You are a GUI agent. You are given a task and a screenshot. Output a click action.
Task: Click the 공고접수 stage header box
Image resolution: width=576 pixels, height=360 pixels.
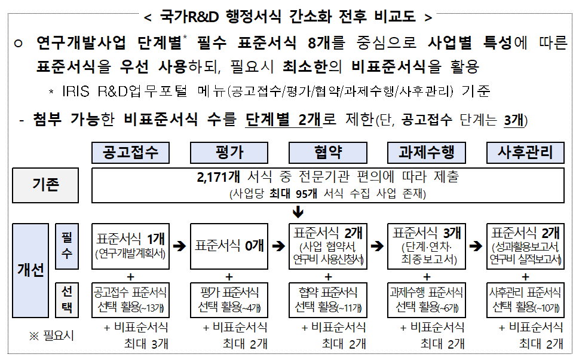pyautogui.click(x=130, y=152)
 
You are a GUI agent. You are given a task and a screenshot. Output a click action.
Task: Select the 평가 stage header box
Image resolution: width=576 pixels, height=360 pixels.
pyautogui.click(x=229, y=152)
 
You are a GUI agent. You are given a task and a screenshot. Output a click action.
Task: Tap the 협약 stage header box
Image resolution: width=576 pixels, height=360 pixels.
pyautogui.click(x=328, y=152)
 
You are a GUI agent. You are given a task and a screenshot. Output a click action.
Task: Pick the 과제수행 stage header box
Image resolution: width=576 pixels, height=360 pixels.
pyautogui.click(x=427, y=152)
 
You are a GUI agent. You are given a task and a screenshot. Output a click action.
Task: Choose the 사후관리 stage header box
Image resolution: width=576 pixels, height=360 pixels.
pyautogui.click(x=525, y=152)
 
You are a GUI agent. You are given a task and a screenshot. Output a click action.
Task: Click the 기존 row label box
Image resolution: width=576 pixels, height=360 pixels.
pyautogui.click(x=45, y=185)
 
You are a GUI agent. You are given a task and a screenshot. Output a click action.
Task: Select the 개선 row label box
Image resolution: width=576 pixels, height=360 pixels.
pyautogui.click(x=30, y=270)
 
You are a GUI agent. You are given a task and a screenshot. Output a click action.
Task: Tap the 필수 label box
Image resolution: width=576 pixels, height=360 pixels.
pyautogui.click(x=67, y=246)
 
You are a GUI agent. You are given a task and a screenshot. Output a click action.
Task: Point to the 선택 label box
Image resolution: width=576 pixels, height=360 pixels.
pyautogui.click(x=67, y=300)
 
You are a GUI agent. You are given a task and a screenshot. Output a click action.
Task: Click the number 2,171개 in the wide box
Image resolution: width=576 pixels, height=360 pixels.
pyautogui.click(x=218, y=177)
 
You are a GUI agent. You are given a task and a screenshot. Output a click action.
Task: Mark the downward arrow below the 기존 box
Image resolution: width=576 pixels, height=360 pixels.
pyautogui.click(x=298, y=212)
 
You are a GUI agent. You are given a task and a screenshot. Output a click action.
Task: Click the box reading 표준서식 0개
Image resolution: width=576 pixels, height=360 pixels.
pyautogui.click(x=229, y=246)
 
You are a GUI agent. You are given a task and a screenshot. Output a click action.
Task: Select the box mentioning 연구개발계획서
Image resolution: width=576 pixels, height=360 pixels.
pyautogui.click(x=130, y=246)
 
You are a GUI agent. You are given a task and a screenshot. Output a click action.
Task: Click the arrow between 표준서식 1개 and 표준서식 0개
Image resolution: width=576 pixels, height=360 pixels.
pyautogui.click(x=180, y=246)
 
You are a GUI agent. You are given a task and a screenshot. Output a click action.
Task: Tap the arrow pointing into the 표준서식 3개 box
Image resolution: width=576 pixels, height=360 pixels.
pyautogui.click(x=377, y=246)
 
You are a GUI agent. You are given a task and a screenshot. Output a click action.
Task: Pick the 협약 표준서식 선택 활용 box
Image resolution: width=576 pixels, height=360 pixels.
pyautogui.click(x=328, y=300)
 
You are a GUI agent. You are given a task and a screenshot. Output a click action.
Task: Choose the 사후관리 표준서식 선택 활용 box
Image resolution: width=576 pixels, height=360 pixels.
pyautogui.click(x=525, y=300)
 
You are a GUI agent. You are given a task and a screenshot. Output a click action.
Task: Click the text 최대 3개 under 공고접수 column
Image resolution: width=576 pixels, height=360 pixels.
pyautogui.click(x=146, y=344)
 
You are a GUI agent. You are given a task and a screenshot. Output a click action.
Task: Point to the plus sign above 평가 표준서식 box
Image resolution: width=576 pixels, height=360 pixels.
pyautogui.click(x=229, y=276)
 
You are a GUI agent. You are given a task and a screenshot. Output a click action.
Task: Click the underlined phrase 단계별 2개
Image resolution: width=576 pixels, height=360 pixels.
pyautogui.click(x=284, y=120)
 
